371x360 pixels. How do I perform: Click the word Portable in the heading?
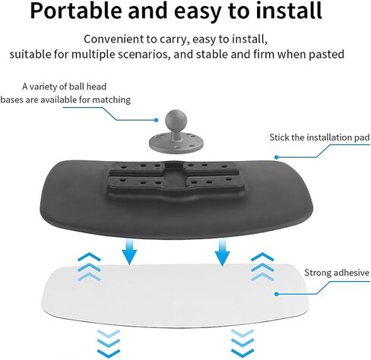(77, 11)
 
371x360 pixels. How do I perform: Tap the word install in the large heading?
(288, 11)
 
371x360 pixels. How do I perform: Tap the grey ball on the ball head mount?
(176, 119)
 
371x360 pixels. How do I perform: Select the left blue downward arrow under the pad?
(129, 252)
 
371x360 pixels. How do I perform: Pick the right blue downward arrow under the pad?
(222, 253)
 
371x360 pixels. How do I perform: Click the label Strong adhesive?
(337, 273)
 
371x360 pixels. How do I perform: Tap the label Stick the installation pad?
(319, 137)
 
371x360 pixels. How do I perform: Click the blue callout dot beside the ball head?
(157, 120)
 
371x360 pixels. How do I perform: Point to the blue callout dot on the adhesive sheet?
(277, 294)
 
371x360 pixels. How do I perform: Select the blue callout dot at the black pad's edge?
(277, 157)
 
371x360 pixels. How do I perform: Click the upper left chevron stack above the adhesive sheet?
(89, 267)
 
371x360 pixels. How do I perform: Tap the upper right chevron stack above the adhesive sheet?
(262, 267)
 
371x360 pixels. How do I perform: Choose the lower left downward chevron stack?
(109, 344)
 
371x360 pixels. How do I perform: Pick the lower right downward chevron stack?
(243, 344)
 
